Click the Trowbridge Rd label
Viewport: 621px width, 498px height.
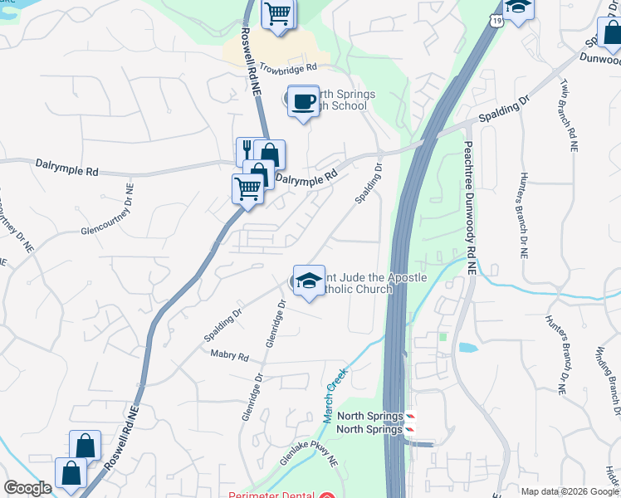click(x=288, y=68)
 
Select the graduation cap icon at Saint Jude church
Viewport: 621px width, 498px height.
click(x=309, y=281)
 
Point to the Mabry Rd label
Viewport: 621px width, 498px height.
click(x=230, y=357)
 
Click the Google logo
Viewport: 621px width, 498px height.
click(x=27, y=488)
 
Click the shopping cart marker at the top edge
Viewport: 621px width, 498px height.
click(x=278, y=12)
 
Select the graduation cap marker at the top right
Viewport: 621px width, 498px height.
click(x=519, y=7)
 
